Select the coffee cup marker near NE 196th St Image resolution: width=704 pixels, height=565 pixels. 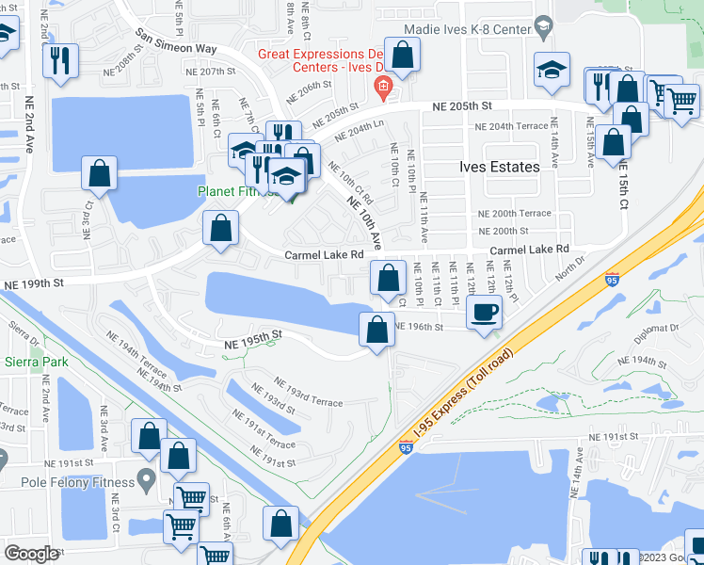click(484, 311)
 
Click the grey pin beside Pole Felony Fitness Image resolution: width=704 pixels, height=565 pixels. click(146, 480)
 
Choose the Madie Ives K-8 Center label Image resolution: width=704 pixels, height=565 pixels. click(483, 29)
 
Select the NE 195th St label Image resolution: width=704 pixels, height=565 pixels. click(253, 340)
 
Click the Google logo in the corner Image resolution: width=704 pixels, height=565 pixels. click(31, 553)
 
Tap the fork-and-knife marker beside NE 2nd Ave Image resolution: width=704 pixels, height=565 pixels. click(61, 59)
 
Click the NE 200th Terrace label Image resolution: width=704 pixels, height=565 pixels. click(514, 214)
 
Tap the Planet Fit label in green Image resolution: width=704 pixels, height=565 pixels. click(229, 191)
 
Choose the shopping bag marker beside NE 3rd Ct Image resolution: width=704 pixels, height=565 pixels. click(99, 174)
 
